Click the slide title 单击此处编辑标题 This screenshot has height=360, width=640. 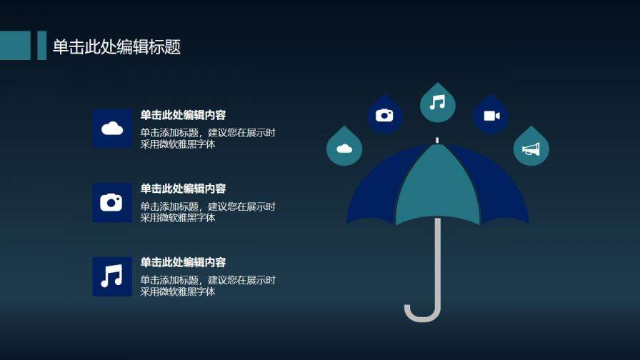116,47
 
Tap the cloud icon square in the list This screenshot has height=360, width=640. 112,129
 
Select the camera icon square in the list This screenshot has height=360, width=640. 112,202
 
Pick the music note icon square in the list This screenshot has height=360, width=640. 112,276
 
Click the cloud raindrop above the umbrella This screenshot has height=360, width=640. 344,149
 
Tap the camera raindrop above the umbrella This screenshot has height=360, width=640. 384,115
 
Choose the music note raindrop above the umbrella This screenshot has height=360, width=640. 437,103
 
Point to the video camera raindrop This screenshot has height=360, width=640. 491,116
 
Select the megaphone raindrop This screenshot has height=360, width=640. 531,149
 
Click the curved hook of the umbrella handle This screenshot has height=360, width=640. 421,314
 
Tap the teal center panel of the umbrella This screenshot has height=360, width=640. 437,189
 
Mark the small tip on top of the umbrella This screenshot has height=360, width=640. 437,140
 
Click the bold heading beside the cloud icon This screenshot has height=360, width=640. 183,115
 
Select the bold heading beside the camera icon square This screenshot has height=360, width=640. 183,189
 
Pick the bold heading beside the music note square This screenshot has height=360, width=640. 183,262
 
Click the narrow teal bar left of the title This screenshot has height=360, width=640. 41,46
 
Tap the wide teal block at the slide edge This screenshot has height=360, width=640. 15,46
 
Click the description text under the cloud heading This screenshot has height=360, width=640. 207,138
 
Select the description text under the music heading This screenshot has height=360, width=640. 207,286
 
